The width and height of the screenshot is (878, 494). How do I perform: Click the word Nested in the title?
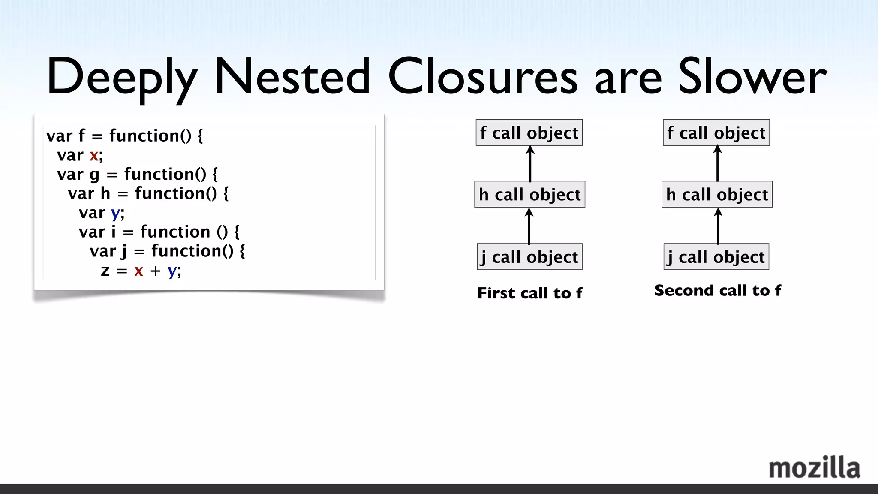[x=292, y=77]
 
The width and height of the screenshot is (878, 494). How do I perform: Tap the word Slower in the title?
[x=752, y=77]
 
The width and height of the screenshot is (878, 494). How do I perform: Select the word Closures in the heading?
[x=483, y=77]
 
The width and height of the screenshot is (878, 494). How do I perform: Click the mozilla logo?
[x=814, y=468]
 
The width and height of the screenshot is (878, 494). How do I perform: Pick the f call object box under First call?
[x=529, y=133]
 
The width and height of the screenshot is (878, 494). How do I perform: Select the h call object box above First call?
[x=529, y=195]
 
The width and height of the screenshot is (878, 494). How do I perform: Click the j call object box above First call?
[x=529, y=257]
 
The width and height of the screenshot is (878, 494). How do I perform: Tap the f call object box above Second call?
[x=716, y=133]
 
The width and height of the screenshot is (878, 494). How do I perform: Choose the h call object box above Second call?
[x=717, y=195]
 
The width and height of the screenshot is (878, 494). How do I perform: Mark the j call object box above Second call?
[x=716, y=257]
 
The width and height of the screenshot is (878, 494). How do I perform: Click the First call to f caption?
[x=529, y=293]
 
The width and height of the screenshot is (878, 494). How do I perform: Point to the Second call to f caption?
[x=718, y=291]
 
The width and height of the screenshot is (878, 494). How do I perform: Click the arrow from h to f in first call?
[x=530, y=164]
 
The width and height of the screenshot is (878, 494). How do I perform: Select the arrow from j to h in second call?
[x=718, y=226]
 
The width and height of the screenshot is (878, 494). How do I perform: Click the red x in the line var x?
[x=93, y=155]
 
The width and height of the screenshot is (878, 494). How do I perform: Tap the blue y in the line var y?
[x=115, y=213]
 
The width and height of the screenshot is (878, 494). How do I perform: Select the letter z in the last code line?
[x=105, y=271]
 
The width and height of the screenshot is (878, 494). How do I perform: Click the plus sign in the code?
[x=155, y=271]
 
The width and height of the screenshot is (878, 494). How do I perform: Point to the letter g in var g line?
[x=94, y=175]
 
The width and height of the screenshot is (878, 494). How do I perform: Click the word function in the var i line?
[x=175, y=232]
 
